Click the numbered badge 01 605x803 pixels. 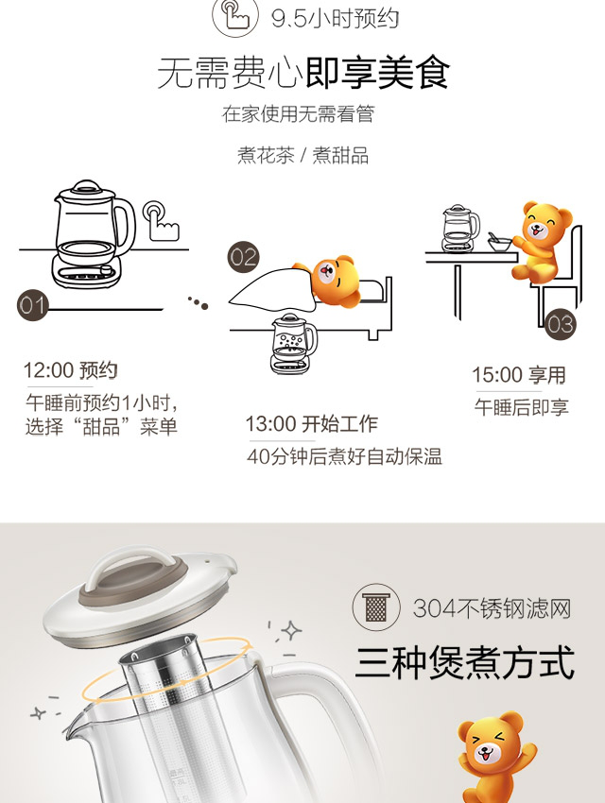tap(33, 306)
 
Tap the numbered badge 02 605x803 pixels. tap(243, 257)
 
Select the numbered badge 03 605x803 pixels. tap(560, 324)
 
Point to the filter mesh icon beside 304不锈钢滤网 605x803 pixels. tap(376, 607)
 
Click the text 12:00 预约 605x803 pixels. tap(71, 370)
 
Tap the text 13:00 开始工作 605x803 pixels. tap(311, 424)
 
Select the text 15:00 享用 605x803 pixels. tap(518, 375)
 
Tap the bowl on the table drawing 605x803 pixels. tap(499, 244)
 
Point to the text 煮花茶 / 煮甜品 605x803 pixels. tap(302, 155)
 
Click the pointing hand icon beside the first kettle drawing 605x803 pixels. tap(161, 221)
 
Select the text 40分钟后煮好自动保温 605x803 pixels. tap(344, 456)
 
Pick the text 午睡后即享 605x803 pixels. tap(522, 408)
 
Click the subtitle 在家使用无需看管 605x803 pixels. tap(298, 113)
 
